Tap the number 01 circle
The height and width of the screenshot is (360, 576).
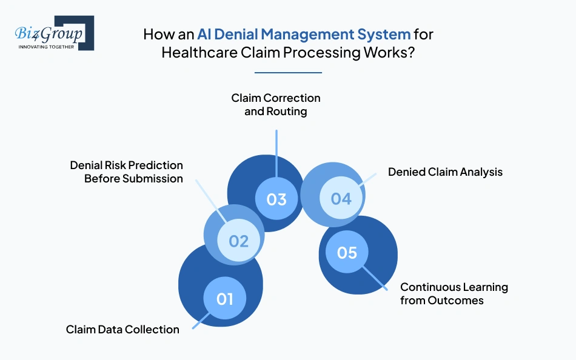pyautogui.click(x=225, y=298)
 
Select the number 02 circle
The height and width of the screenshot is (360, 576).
pyautogui.click(x=239, y=241)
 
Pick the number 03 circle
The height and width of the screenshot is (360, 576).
pyautogui.click(x=276, y=199)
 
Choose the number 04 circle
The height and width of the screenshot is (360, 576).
pyautogui.click(x=341, y=198)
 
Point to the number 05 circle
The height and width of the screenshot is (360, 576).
pyautogui.click(x=347, y=252)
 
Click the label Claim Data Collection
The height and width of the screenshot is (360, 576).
pyautogui.click(x=122, y=330)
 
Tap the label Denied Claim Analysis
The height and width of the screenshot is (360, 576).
pyautogui.click(x=445, y=172)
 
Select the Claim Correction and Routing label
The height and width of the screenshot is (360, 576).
pyautogui.click(x=276, y=104)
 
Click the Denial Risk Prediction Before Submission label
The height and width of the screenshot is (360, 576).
pyautogui.click(x=126, y=172)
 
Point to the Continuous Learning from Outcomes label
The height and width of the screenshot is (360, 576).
pyautogui.click(x=454, y=293)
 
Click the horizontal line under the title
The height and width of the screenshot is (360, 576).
pyautogui.click(x=288, y=73)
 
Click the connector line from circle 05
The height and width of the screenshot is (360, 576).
pyautogui.click(x=379, y=279)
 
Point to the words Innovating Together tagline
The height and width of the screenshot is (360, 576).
pyautogui.click(x=46, y=47)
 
